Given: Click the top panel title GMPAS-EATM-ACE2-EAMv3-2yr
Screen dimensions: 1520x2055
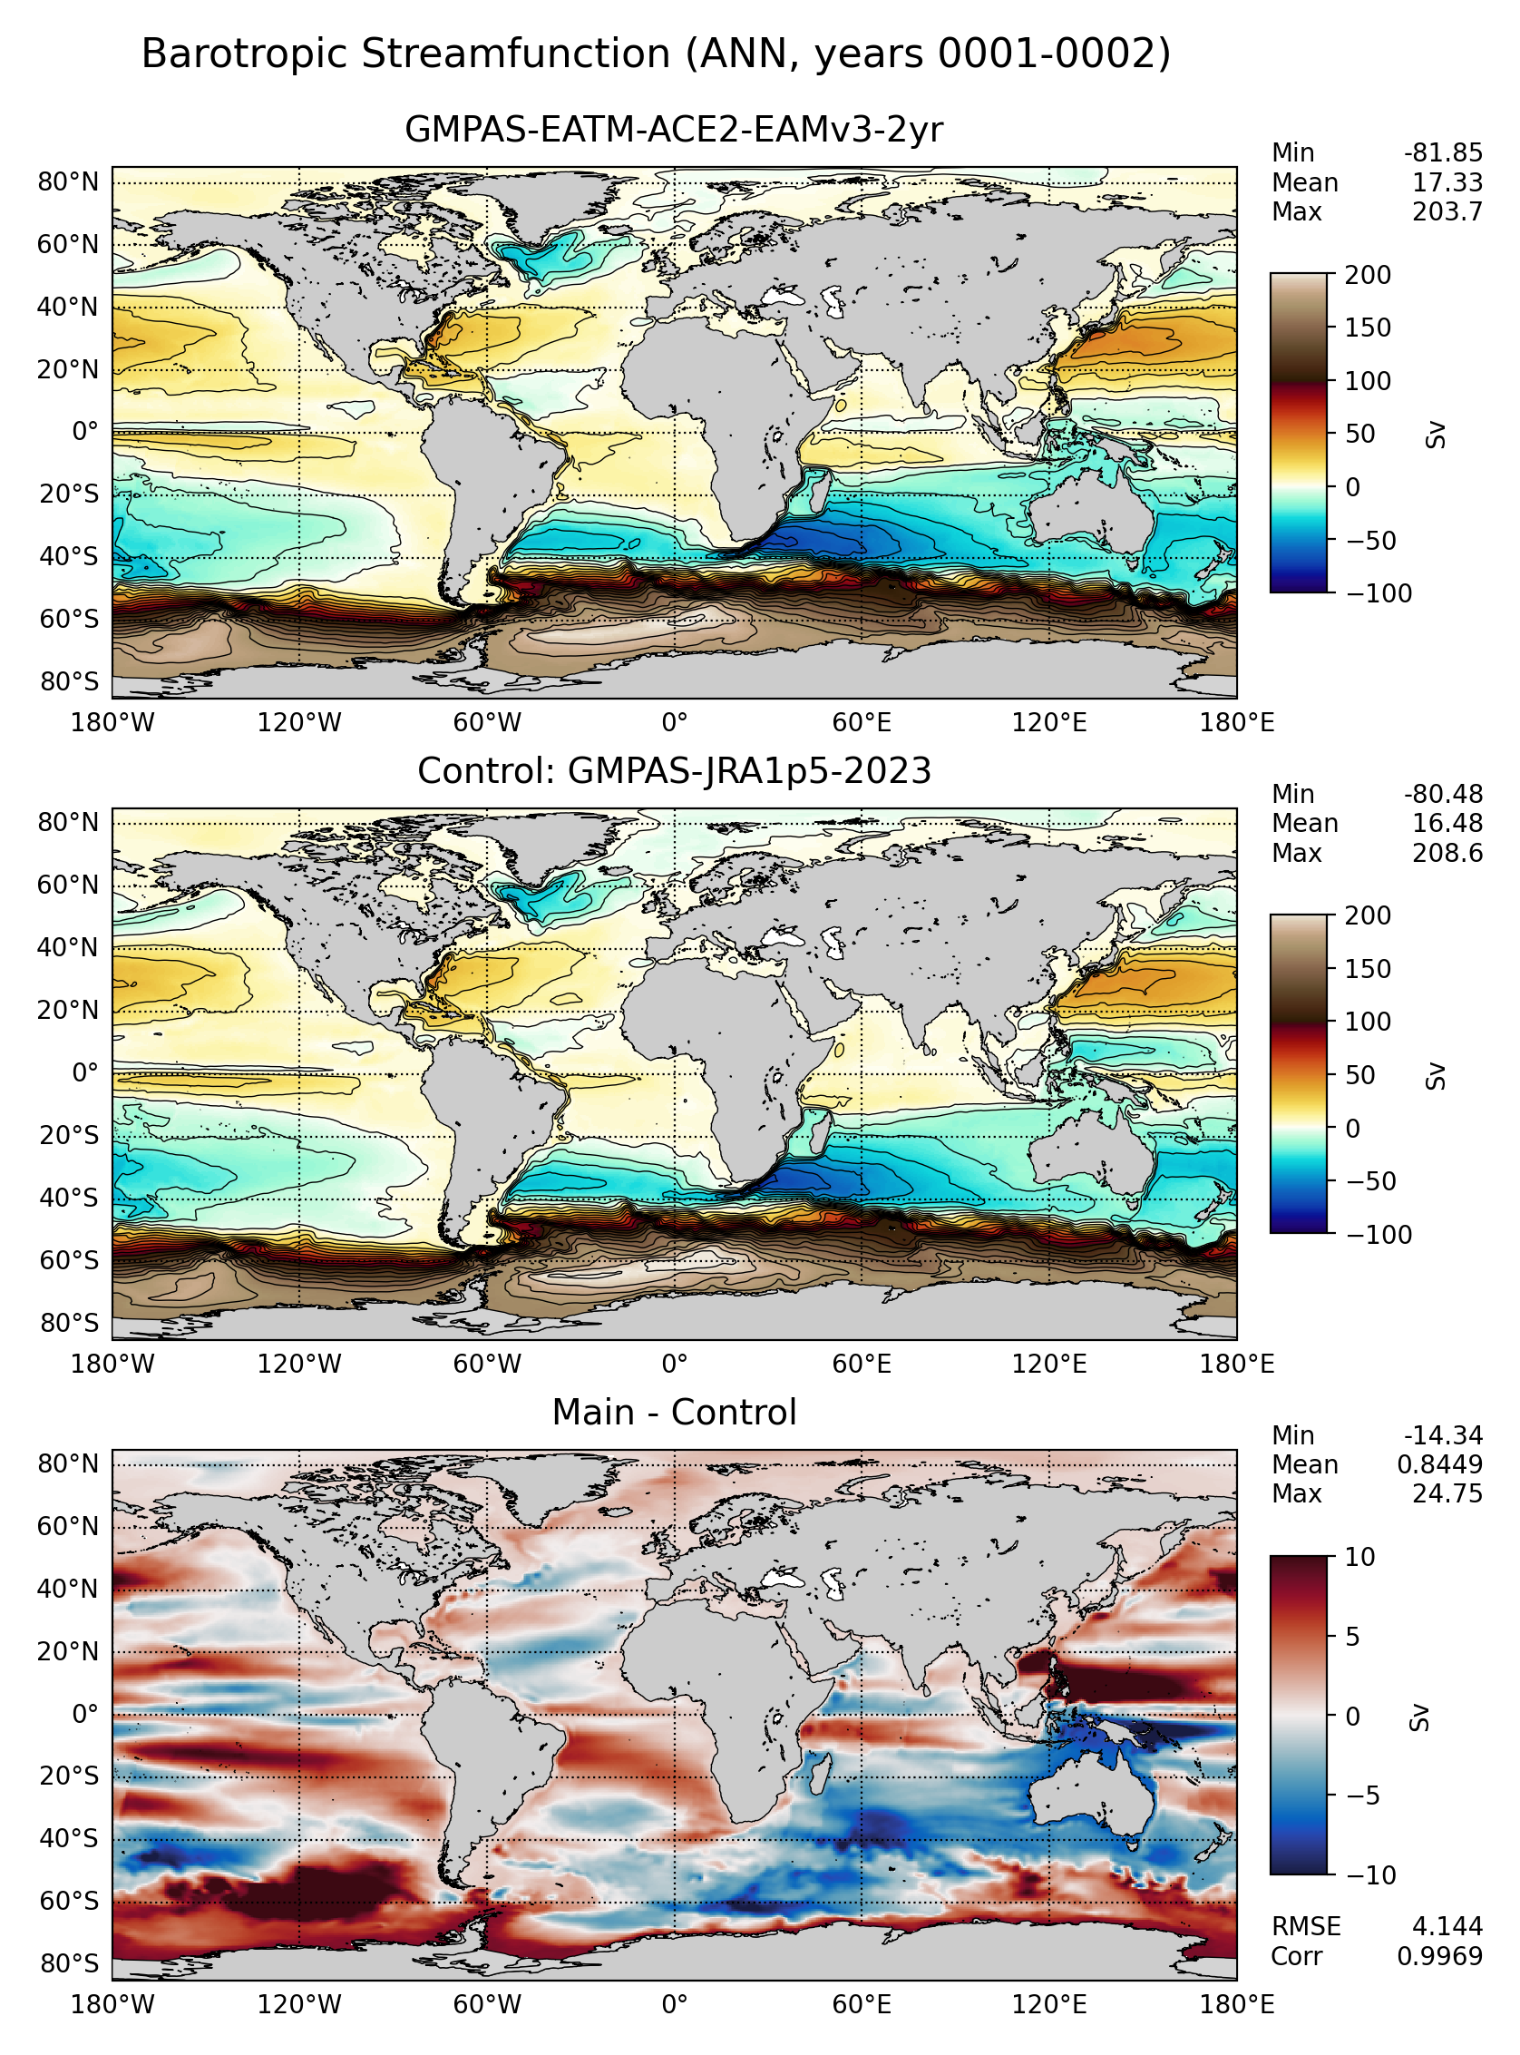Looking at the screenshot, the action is (674, 130).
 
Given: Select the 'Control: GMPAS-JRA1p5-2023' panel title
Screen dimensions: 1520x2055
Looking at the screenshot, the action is (674, 771).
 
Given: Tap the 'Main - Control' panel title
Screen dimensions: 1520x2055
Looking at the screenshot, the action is (674, 1413).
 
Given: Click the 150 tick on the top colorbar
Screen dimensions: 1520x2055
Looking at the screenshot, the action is (1369, 328).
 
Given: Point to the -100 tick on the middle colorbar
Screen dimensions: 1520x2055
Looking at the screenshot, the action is (1379, 1235).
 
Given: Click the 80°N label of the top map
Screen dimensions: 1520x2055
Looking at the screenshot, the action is (67, 182).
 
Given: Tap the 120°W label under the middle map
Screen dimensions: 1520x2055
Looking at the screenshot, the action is (299, 1365).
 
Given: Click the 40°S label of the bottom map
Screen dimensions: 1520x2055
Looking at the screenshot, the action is (67, 1839).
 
